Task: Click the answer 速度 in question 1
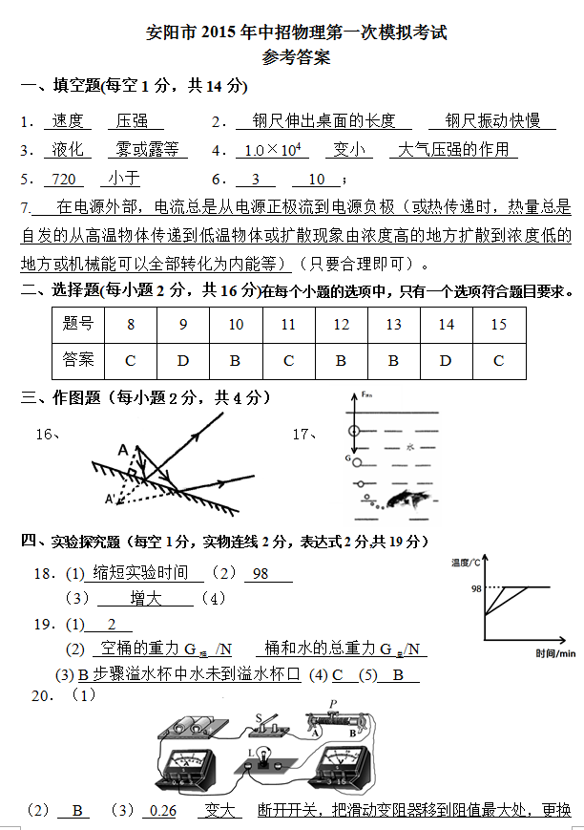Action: coord(68,121)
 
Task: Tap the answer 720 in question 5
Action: coord(63,179)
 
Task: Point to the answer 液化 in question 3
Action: coord(68,150)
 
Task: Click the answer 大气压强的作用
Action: coord(453,150)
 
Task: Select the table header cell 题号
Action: coord(77,325)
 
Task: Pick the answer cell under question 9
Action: coord(183,360)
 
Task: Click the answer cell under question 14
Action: coord(446,360)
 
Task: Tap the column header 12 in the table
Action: coord(341,325)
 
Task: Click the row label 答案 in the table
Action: coord(77,360)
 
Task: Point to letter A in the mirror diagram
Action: coord(123,450)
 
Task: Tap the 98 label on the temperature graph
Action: coord(475,589)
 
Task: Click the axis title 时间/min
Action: coord(554,653)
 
